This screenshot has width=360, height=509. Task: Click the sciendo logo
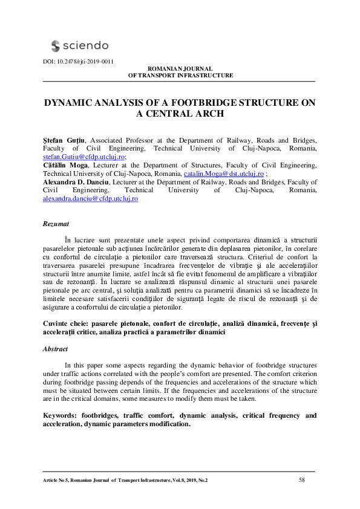coord(79,45)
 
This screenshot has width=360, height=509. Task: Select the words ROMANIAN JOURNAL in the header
coord(180,69)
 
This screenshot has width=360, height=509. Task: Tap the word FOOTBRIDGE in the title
coord(190,103)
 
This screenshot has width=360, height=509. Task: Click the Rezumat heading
coord(56,224)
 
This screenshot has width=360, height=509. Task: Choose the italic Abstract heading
coord(55,349)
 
